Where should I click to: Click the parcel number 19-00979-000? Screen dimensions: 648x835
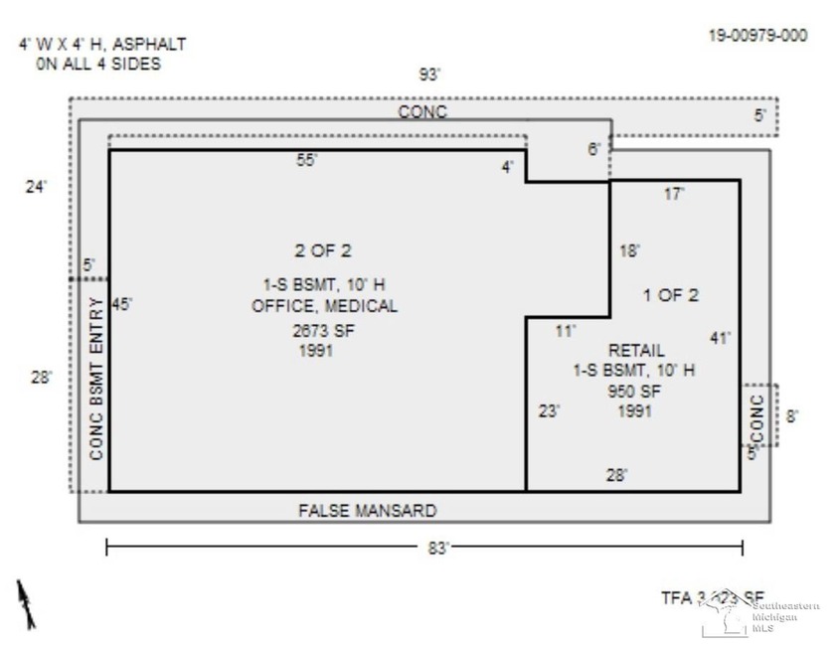757,34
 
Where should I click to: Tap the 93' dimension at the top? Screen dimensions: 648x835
430,75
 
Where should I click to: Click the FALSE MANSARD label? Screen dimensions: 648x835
368,511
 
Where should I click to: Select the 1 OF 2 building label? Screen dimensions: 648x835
671,294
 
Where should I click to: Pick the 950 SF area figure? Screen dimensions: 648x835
634,391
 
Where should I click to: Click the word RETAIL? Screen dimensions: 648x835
634,350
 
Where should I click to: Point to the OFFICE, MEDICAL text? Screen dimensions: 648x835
324,306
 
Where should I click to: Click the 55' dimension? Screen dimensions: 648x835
307,160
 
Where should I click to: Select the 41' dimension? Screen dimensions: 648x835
720,338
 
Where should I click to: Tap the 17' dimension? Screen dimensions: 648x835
674,195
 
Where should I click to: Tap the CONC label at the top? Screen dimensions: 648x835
422,112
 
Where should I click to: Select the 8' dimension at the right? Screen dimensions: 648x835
792,416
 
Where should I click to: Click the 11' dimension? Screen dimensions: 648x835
565,331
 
